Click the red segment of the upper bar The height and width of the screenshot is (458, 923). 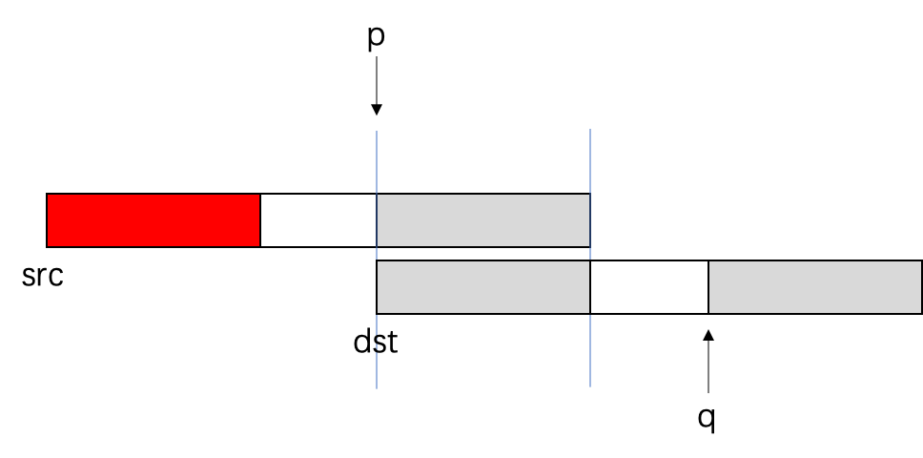coord(154,220)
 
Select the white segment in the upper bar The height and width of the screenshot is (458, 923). coord(318,220)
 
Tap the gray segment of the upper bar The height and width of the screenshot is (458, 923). coord(483,220)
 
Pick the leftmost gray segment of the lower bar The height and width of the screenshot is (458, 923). coord(483,287)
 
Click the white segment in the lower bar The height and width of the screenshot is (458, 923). coord(649,287)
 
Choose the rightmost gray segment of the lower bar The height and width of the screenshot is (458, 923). coord(814,287)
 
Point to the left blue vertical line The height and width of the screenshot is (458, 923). coord(377,162)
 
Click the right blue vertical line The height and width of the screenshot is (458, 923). coord(590,162)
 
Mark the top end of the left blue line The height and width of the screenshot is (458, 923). coord(377,132)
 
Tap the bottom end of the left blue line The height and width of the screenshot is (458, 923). coord(377,388)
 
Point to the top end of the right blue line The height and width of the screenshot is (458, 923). coord(590,130)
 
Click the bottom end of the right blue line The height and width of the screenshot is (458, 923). coord(590,386)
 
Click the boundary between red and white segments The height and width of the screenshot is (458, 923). coord(260,220)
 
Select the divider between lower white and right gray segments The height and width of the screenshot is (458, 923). coord(708,287)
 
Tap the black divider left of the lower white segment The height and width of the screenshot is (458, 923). coord(590,287)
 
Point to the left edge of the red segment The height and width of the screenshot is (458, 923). coord(48,220)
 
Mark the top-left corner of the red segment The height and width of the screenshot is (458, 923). coord(48,195)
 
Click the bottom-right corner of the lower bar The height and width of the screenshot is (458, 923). coord(920,312)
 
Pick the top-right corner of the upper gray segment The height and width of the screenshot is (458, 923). coord(589,195)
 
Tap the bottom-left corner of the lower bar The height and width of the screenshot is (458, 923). coord(378,312)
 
